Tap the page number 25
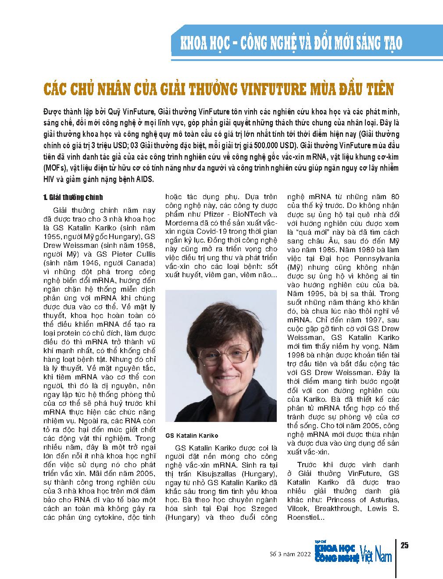404,545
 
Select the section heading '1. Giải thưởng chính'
73,197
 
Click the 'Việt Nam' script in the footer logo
376,554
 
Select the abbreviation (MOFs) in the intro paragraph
56,168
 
